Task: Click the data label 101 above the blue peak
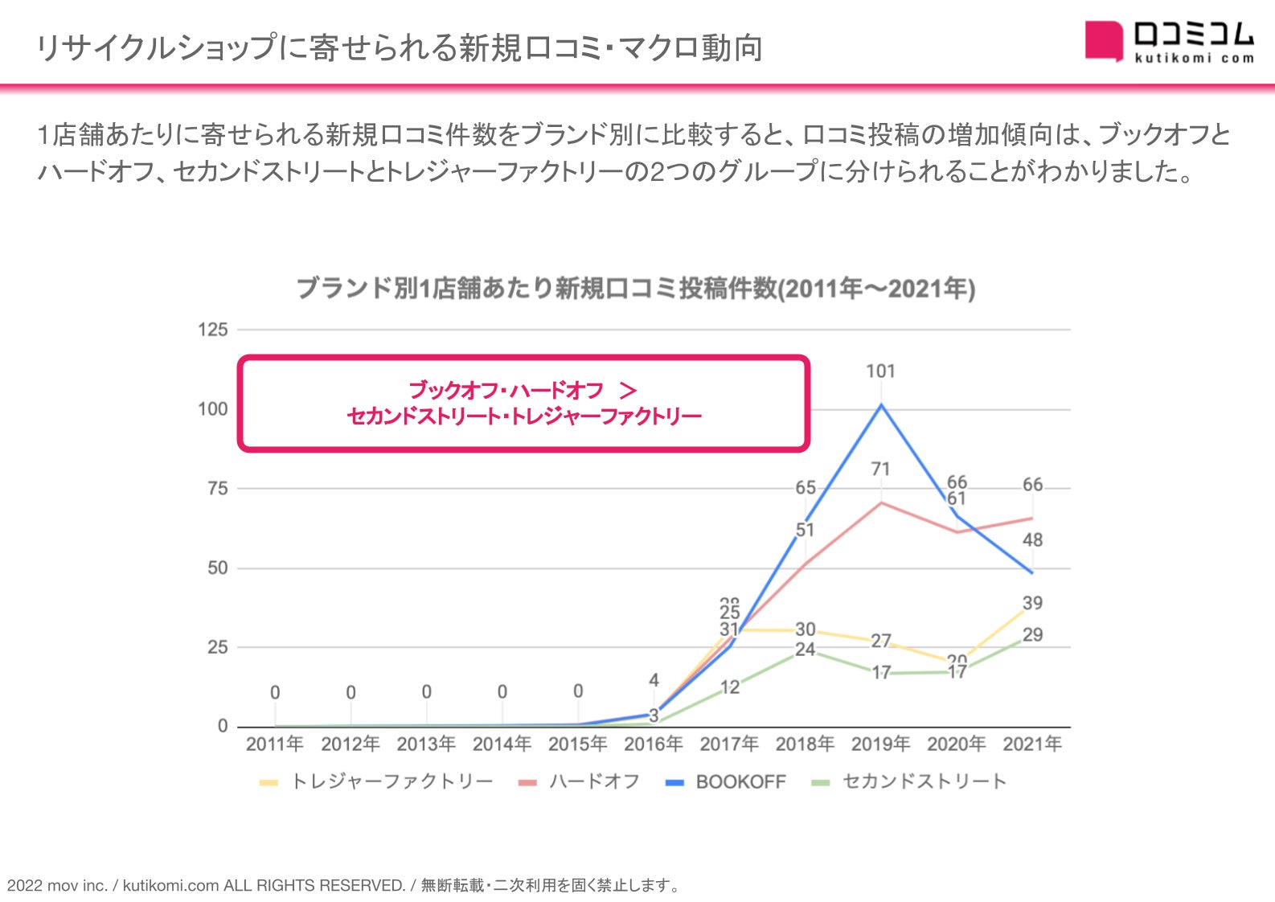[880, 371]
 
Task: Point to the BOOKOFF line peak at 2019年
[881, 405]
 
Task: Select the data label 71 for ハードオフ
[880, 469]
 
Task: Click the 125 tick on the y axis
[213, 330]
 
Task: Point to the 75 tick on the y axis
[217, 488]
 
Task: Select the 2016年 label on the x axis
[653, 744]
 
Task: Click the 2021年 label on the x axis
[1032, 744]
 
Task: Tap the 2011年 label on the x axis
[274, 744]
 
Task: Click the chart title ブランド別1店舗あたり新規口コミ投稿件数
[635, 288]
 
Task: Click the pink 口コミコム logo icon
[1103, 40]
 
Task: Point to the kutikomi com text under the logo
[1194, 58]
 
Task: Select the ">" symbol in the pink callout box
[628, 391]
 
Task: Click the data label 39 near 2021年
[1032, 603]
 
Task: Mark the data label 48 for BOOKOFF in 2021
[1032, 540]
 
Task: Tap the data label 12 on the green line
[729, 687]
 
